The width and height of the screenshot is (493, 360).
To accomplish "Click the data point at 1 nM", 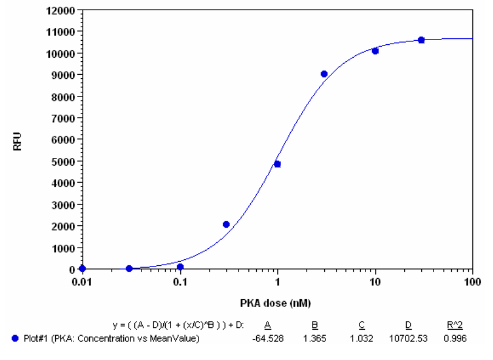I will [277, 164].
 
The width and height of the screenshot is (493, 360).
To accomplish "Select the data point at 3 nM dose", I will [324, 74].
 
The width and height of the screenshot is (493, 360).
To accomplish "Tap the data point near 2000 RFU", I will [226, 225].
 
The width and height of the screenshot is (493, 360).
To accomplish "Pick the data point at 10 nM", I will [375, 51].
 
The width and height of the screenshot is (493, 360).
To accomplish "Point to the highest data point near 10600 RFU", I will [421, 40].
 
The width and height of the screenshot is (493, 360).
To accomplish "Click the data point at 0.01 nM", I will [83, 268].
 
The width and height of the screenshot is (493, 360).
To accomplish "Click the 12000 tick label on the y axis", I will [62, 10].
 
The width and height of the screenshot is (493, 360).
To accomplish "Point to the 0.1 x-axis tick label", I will [180, 282].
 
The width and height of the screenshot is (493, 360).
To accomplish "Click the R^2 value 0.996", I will [456, 338].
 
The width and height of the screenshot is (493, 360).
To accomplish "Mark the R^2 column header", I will [456, 325].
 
